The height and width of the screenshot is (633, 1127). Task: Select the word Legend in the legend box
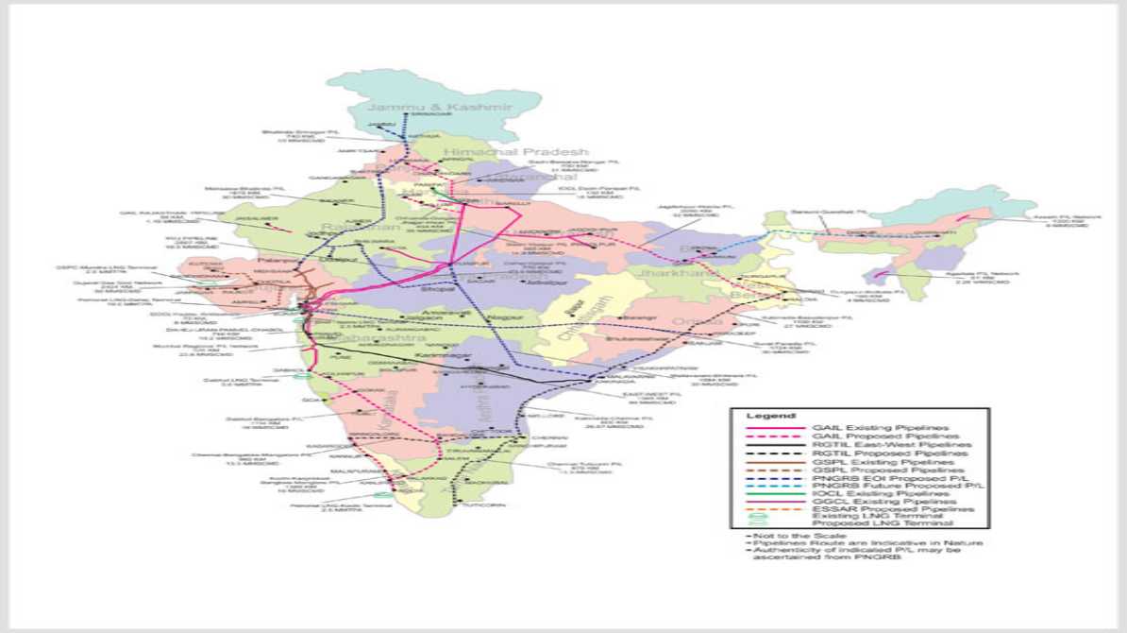point(765,416)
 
